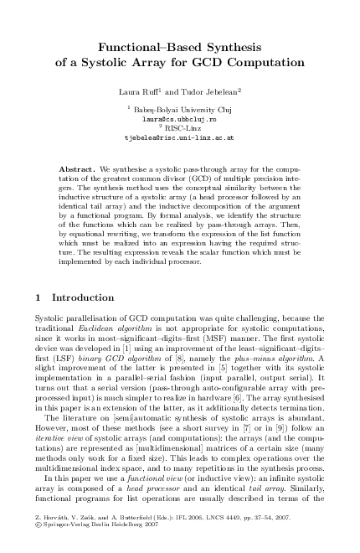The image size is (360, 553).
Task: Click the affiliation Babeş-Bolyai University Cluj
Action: (182, 110)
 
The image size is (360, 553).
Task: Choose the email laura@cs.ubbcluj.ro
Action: (179, 119)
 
